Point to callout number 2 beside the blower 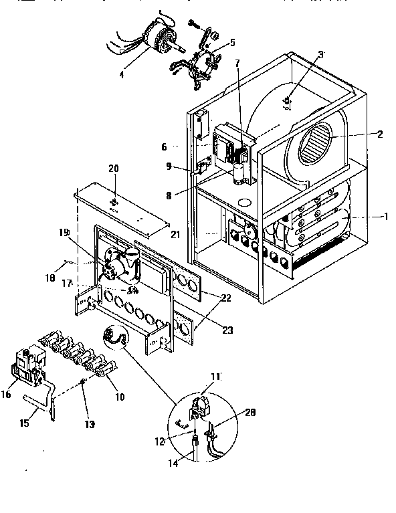click(x=379, y=134)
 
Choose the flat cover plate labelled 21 click(x=124, y=211)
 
